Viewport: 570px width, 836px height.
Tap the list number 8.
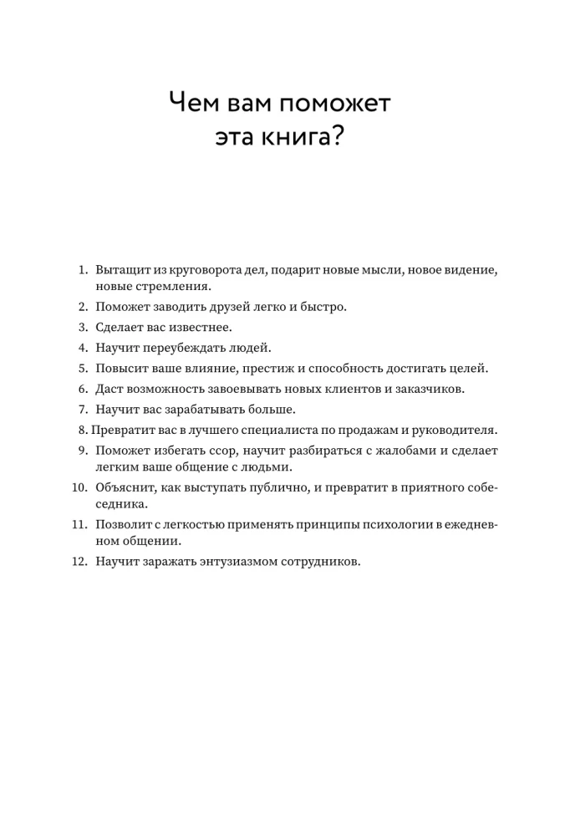[82, 431]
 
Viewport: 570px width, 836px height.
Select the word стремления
[170, 286]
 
